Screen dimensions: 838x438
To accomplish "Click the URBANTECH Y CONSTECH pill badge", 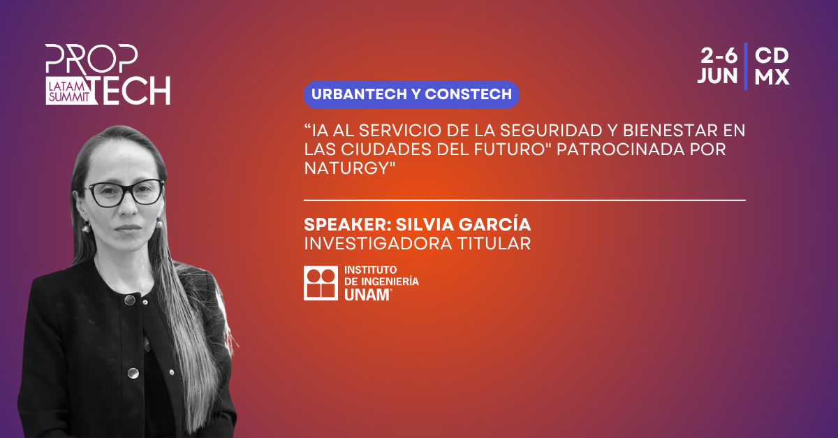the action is click(x=411, y=95).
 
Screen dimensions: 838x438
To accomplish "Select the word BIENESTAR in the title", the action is click(x=670, y=131).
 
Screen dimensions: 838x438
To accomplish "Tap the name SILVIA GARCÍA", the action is click(x=463, y=225).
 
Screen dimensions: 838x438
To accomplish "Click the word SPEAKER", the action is click(x=345, y=225).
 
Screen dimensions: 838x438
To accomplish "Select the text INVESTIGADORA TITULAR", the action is click(x=417, y=244).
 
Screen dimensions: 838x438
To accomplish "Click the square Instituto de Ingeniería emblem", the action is click(x=321, y=284).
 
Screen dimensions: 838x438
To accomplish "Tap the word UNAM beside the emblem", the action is click(x=367, y=295).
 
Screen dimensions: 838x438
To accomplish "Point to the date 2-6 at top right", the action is click(x=719, y=56).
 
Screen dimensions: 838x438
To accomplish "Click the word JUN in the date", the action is click(x=718, y=76).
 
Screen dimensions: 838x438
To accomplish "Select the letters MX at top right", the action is click(x=772, y=77).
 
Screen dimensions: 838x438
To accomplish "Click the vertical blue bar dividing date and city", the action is click(x=746, y=66).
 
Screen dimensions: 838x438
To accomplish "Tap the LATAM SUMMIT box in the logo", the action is click(x=69, y=92).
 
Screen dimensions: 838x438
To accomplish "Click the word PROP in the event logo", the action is click(x=91, y=59).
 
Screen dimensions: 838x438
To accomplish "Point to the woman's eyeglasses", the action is click(x=123, y=192).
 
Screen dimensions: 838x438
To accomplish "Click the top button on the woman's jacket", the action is click(x=129, y=300).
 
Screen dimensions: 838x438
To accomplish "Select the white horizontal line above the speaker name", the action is click(x=524, y=200).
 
